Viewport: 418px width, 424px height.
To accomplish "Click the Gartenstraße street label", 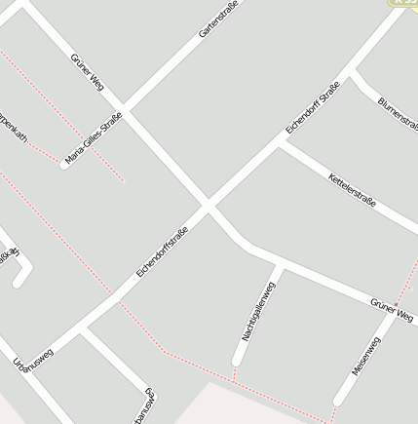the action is coord(218,19).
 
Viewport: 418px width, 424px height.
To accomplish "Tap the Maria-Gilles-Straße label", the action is coord(94,138).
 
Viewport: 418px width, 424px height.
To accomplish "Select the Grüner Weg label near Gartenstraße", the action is coord(88,73).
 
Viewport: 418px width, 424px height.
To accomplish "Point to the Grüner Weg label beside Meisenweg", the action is coord(392,311).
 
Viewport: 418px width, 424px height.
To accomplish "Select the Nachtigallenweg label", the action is coord(259,311).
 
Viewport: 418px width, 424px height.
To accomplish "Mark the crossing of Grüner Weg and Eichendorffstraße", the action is coord(208,205).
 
